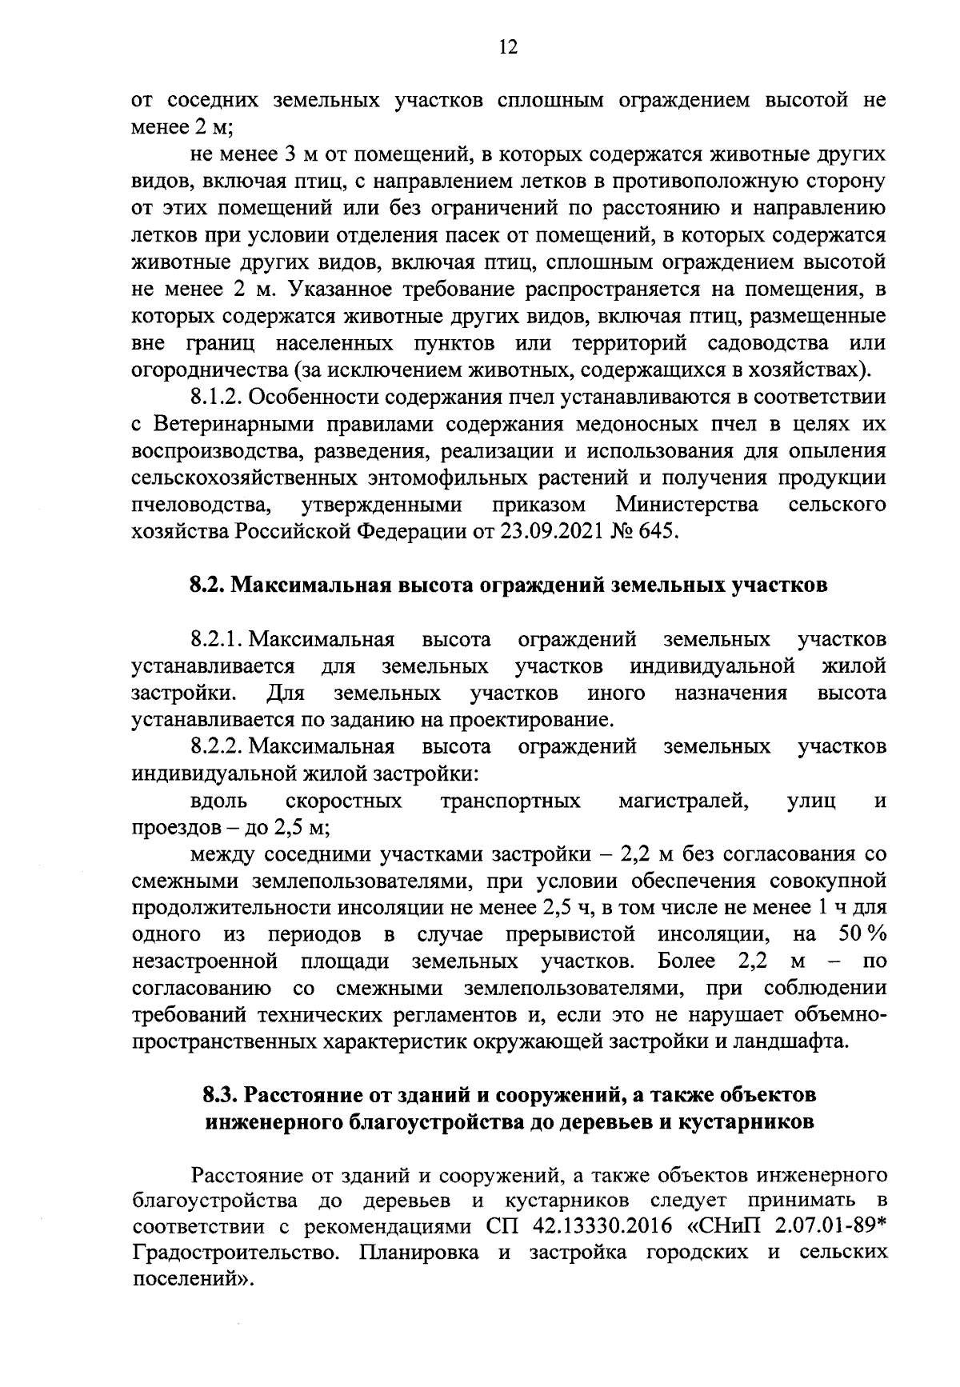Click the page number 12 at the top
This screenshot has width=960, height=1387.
pyautogui.click(x=507, y=47)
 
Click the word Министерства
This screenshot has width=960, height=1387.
pyautogui.click(x=688, y=505)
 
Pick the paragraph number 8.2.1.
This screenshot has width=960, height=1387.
pyautogui.click(x=218, y=639)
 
